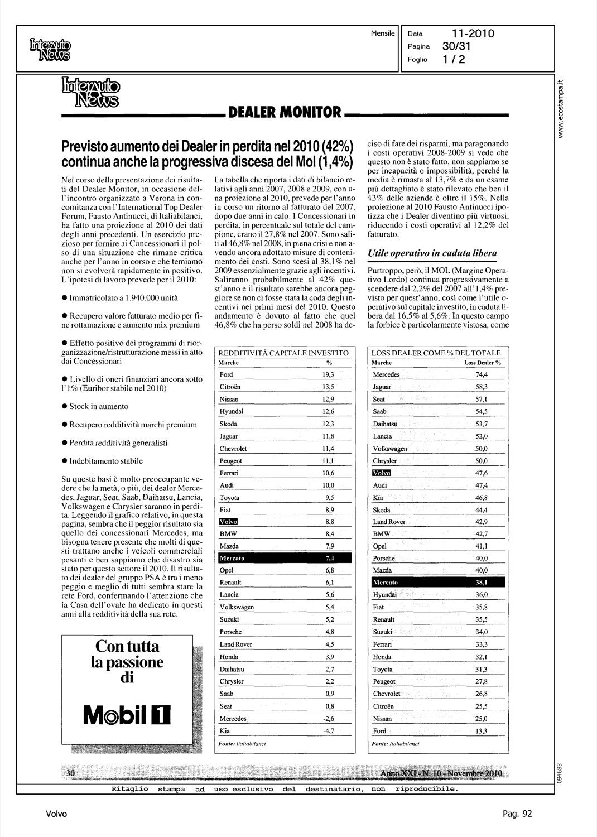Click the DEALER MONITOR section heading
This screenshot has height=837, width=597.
point(284,112)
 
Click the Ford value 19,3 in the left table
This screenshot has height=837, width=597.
point(329,375)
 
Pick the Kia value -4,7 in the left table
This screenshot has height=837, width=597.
point(329,731)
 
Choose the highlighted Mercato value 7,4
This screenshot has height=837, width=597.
point(329,558)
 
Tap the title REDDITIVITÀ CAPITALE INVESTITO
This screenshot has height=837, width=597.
point(283,353)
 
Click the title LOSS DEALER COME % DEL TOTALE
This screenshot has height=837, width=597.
point(435,353)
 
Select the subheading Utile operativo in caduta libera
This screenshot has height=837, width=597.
point(432,253)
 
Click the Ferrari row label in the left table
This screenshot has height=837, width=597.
point(229,473)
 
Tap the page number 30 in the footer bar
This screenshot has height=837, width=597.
point(71,773)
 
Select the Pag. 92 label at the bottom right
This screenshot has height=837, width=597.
point(517,814)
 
